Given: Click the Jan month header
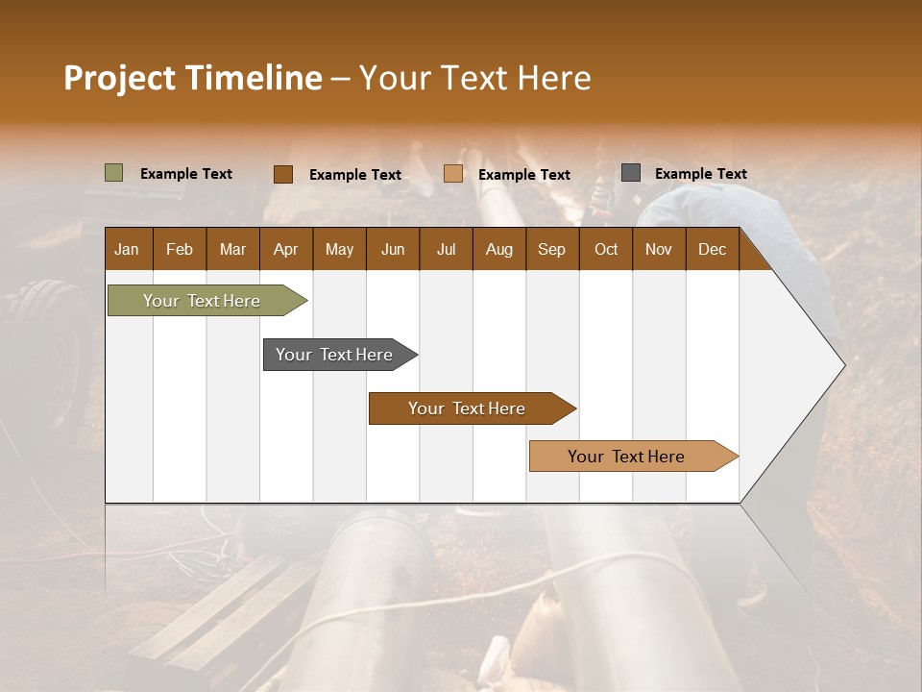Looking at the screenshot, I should pyautogui.click(x=127, y=249).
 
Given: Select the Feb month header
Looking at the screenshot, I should pyautogui.click(x=180, y=249).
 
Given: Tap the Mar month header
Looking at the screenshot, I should pyautogui.click(x=232, y=249).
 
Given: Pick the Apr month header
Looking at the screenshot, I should pyautogui.click(x=285, y=249).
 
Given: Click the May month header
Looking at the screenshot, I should pyautogui.click(x=339, y=249).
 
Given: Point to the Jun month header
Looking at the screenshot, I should pyautogui.click(x=393, y=249).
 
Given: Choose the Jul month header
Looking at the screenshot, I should pyautogui.click(x=446, y=249).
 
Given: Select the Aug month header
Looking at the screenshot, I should pyautogui.click(x=499, y=249).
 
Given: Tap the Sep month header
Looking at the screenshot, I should pyautogui.click(x=551, y=249).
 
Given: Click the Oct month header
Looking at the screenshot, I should pyautogui.click(x=606, y=249).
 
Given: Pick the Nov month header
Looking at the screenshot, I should pyautogui.click(x=659, y=249).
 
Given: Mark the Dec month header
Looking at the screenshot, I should pyautogui.click(x=712, y=249).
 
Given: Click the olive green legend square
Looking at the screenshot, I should pyautogui.click(x=114, y=173).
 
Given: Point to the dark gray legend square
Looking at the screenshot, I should pyautogui.click(x=631, y=173).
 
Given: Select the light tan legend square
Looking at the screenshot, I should pyautogui.click(x=453, y=174).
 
